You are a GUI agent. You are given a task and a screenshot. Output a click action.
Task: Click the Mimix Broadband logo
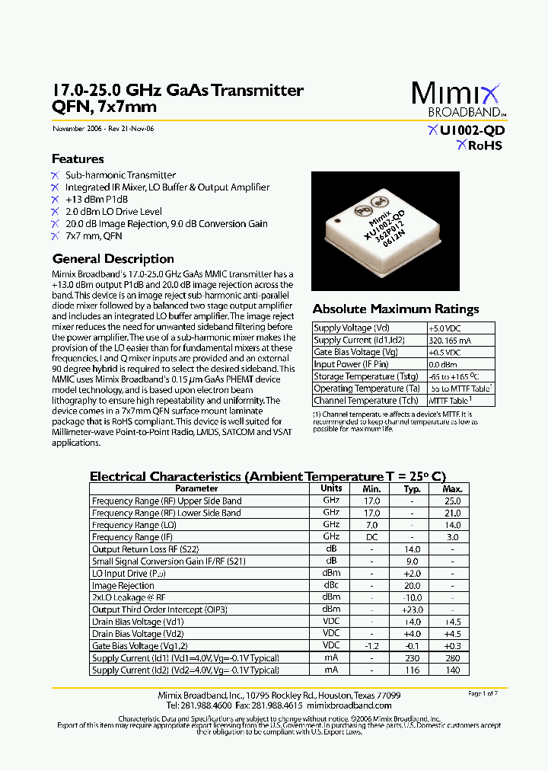pyautogui.click(x=457, y=100)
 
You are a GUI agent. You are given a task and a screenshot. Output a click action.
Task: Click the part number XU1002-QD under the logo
pyautogui.click(x=467, y=131)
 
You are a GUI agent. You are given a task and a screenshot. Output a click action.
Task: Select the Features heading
pyautogui.click(x=78, y=159)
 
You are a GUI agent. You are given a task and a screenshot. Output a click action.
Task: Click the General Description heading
pyautogui.click(x=113, y=259)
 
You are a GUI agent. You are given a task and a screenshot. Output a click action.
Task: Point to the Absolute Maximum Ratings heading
pyautogui.click(x=396, y=309)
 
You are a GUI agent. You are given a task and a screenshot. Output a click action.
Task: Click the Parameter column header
pyautogui.click(x=196, y=488)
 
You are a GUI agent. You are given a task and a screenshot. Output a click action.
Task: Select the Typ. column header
pyautogui.click(x=412, y=488)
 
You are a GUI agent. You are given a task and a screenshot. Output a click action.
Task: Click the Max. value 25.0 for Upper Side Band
pyautogui.click(x=452, y=501)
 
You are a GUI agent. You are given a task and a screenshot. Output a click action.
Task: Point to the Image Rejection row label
pyautogui.click(x=123, y=586)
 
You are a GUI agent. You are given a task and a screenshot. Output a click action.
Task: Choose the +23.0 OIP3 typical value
pyautogui.click(x=412, y=609)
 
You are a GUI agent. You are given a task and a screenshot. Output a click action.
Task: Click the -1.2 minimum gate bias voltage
pyautogui.click(x=371, y=646)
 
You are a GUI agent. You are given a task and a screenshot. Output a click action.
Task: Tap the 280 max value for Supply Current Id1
pyautogui.click(x=452, y=658)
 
